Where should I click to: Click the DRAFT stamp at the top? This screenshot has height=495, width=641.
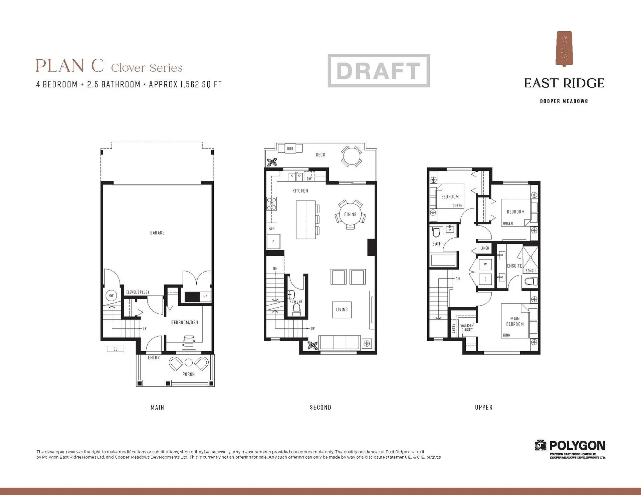click(x=379, y=71)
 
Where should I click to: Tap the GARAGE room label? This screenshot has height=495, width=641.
click(x=157, y=233)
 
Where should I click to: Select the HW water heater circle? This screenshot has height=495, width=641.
click(x=111, y=296)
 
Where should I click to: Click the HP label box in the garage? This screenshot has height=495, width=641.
click(x=205, y=297)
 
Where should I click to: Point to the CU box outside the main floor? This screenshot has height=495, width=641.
click(x=116, y=349)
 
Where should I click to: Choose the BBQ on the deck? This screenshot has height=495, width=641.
click(x=290, y=148)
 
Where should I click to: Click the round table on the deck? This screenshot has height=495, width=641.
click(x=352, y=155)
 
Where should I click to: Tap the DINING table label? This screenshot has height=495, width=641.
click(x=350, y=214)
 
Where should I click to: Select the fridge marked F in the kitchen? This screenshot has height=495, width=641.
click(x=273, y=242)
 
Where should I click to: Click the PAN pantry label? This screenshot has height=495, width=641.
click(x=271, y=228)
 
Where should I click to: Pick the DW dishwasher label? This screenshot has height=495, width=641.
click(x=309, y=179)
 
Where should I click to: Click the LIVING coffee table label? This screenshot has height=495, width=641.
click(x=342, y=310)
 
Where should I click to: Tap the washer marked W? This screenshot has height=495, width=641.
click(x=485, y=265)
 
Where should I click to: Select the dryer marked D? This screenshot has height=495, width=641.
click(x=485, y=279)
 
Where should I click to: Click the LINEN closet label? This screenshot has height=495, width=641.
click(x=485, y=248)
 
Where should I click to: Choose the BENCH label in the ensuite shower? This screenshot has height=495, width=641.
click(x=530, y=271)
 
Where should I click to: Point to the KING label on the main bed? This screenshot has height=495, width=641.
click(x=506, y=335)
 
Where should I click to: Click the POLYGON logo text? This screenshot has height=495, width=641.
click(x=577, y=446)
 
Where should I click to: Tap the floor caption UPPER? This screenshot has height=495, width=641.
click(x=484, y=407)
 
